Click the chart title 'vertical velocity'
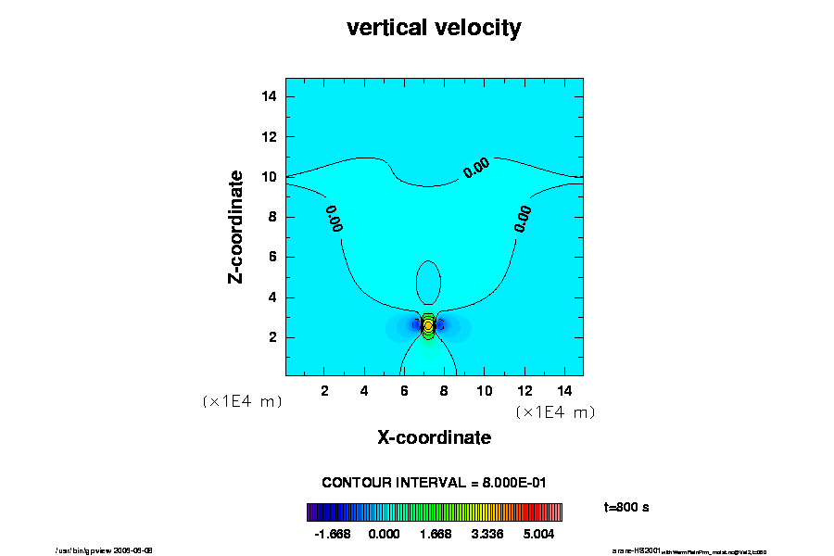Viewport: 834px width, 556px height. click(x=434, y=28)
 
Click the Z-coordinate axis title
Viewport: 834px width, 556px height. click(x=237, y=226)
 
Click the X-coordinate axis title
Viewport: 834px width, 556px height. click(x=434, y=437)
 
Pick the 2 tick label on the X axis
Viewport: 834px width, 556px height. click(x=325, y=390)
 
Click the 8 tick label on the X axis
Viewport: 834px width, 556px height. click(x=445, y=390)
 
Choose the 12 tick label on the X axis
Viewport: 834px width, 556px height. click(x=524, y=390)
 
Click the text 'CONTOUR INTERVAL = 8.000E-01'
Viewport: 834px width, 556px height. click(x=435, y=482)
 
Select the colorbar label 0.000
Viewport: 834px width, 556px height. click(x=384, y=534)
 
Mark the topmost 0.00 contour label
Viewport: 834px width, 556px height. click(x=476, y=168)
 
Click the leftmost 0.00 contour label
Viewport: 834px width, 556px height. click(x=335, y=218)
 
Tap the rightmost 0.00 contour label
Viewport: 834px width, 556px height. click(x=524, y=218)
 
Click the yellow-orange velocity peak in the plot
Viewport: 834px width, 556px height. click(x=428, y=326)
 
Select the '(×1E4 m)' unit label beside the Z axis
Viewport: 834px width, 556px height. click(x=242, y=401)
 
